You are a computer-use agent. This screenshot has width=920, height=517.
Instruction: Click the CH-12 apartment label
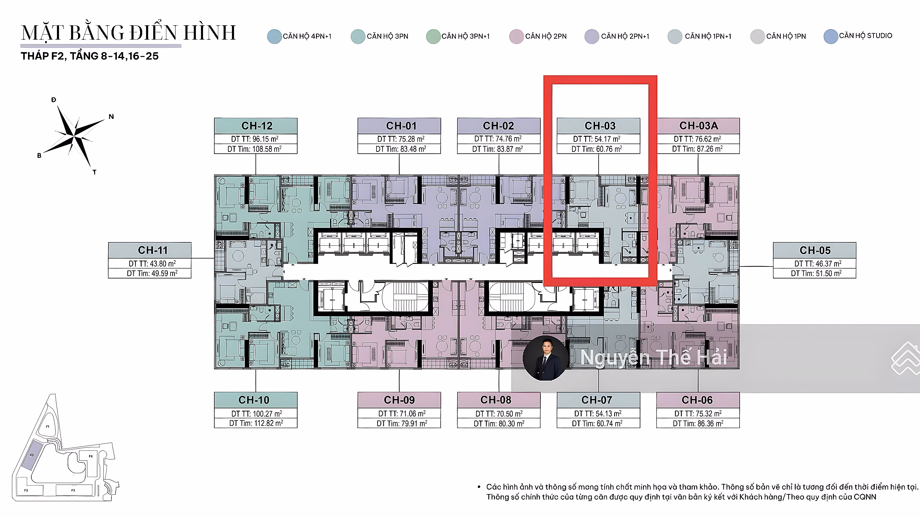click(x=257, y=126)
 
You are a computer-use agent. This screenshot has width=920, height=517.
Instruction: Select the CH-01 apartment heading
click(x=401, y=126)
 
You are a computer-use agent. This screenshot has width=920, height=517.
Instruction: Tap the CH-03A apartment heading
click(x=698, y=126)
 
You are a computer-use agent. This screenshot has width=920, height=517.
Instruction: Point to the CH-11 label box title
click(x=153, y=250)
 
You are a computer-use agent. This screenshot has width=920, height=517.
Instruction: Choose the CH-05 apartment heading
click(x=815, y=250)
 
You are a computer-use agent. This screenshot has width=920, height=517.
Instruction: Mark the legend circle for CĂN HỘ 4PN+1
click(x=274, y=36)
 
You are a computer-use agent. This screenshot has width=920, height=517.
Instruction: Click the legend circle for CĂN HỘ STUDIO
click(x=831, y=36)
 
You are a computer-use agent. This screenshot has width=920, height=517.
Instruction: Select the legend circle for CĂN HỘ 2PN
click(x=516, y=36)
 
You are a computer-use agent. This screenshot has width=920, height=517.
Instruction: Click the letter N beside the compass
click(x=111, y=116)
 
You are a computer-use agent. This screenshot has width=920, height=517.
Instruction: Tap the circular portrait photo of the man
click(x=545, y=358)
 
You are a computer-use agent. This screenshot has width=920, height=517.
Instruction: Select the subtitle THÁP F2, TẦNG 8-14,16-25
click(x=90, y=56)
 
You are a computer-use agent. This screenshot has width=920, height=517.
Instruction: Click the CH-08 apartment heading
click(x=496, y=400)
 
